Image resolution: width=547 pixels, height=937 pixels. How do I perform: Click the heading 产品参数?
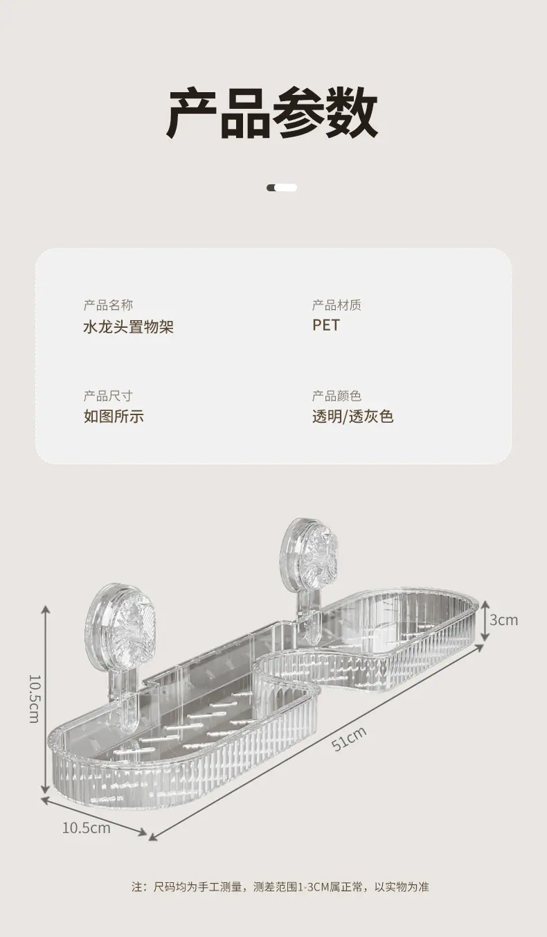coord(273,112)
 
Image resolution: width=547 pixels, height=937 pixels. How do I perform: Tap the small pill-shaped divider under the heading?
coord(282,188)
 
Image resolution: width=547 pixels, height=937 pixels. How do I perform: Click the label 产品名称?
coord(108,306)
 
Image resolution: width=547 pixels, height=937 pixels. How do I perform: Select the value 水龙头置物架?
coord(128,326)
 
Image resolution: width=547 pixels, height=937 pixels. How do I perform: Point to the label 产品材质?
coord(337,306)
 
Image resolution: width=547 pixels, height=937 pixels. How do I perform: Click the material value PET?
coord(326,326)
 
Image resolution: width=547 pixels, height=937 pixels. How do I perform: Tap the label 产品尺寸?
coord(108,396)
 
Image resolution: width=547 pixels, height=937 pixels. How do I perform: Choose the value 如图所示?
coord(114,417)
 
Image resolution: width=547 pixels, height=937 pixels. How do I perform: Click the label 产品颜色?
coord(337,396)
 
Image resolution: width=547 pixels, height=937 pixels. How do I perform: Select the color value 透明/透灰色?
coord(352,417)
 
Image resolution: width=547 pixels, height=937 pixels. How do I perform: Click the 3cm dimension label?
coord(503,620)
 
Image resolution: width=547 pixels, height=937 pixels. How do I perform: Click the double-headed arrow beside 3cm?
coord(485,620)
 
